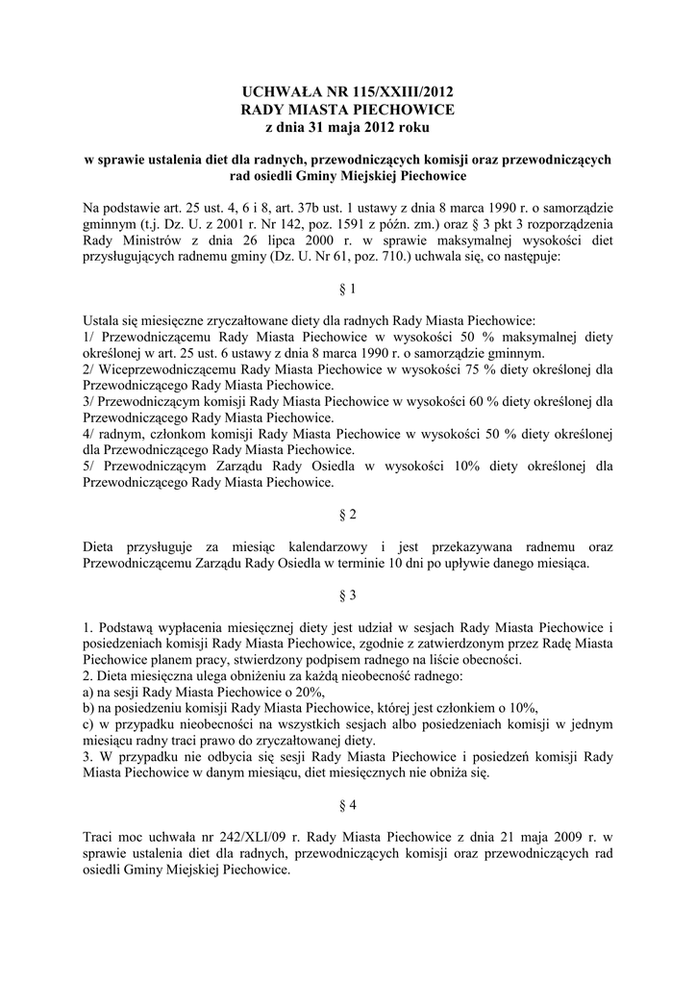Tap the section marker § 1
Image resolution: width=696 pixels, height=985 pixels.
coord(348,289)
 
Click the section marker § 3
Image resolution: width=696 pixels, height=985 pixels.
coord(348,594)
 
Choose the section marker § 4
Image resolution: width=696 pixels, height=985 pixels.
coord(348,802)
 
